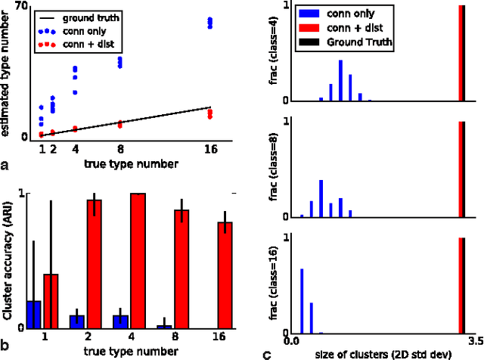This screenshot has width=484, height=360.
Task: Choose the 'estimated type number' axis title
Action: (x=7, y=76)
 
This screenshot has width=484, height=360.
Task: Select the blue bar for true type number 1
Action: (x=33, y=315)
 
